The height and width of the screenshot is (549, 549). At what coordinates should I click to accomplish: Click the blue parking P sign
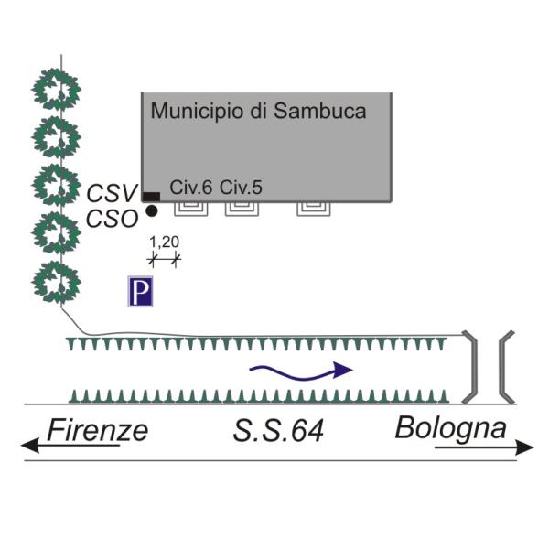coord(140,293)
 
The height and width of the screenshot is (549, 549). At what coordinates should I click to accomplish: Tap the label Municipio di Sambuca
coord(258,112)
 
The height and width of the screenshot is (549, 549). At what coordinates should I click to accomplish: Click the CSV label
coord(112,193)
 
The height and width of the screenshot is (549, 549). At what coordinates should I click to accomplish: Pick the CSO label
coord(112,219)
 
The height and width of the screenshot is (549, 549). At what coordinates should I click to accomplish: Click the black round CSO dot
coord(152,211)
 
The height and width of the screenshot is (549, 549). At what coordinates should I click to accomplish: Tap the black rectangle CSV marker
coord(150,197)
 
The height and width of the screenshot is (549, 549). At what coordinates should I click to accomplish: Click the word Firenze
coord(97,429)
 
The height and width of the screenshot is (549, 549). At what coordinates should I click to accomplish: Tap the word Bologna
coord(451,427)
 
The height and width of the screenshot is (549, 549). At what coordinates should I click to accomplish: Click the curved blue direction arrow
coord(301,370)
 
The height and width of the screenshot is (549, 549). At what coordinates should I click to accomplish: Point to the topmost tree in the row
coord(57,90)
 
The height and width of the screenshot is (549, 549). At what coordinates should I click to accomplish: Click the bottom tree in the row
coord(57,283)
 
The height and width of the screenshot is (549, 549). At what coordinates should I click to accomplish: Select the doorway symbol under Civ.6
coord(190,209)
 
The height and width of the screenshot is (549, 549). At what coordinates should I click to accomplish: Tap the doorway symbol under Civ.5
coord(242,209)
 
